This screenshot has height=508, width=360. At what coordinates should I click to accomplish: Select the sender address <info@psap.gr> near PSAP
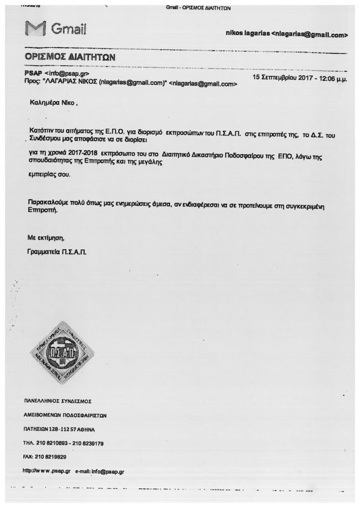pos(67,74)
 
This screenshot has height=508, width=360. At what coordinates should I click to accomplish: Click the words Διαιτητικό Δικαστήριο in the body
pos(191,155)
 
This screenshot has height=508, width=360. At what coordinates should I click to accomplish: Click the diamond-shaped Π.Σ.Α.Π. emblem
pos(63,353)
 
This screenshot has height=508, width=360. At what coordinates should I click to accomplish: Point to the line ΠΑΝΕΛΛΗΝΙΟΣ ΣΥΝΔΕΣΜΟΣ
pos(58,400)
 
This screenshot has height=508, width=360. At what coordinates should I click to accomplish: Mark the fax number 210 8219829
pos(52,457)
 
